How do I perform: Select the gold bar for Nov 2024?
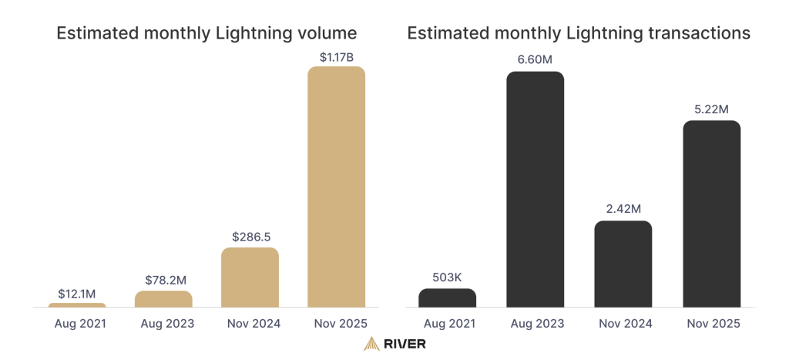tap(250, 278)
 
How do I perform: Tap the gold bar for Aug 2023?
tap(163, 299)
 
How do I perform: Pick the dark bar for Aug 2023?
tap(535, 189)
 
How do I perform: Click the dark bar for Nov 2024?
tap(623, 264)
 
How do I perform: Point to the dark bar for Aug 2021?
tap(447, 298)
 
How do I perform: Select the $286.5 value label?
tap(250, 237)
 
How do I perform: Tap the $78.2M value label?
tap(163, 280)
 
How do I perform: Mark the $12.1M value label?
tap(77, 293)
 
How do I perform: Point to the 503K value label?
tap(447, 278)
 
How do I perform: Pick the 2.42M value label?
tap(623, 210)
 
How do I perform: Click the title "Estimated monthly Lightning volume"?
tap(206, 33)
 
